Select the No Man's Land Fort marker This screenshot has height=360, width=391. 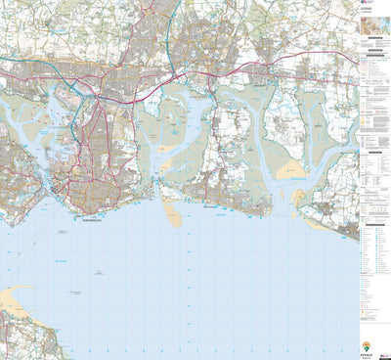[73, 292]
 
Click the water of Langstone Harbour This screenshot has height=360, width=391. [161, 147]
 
